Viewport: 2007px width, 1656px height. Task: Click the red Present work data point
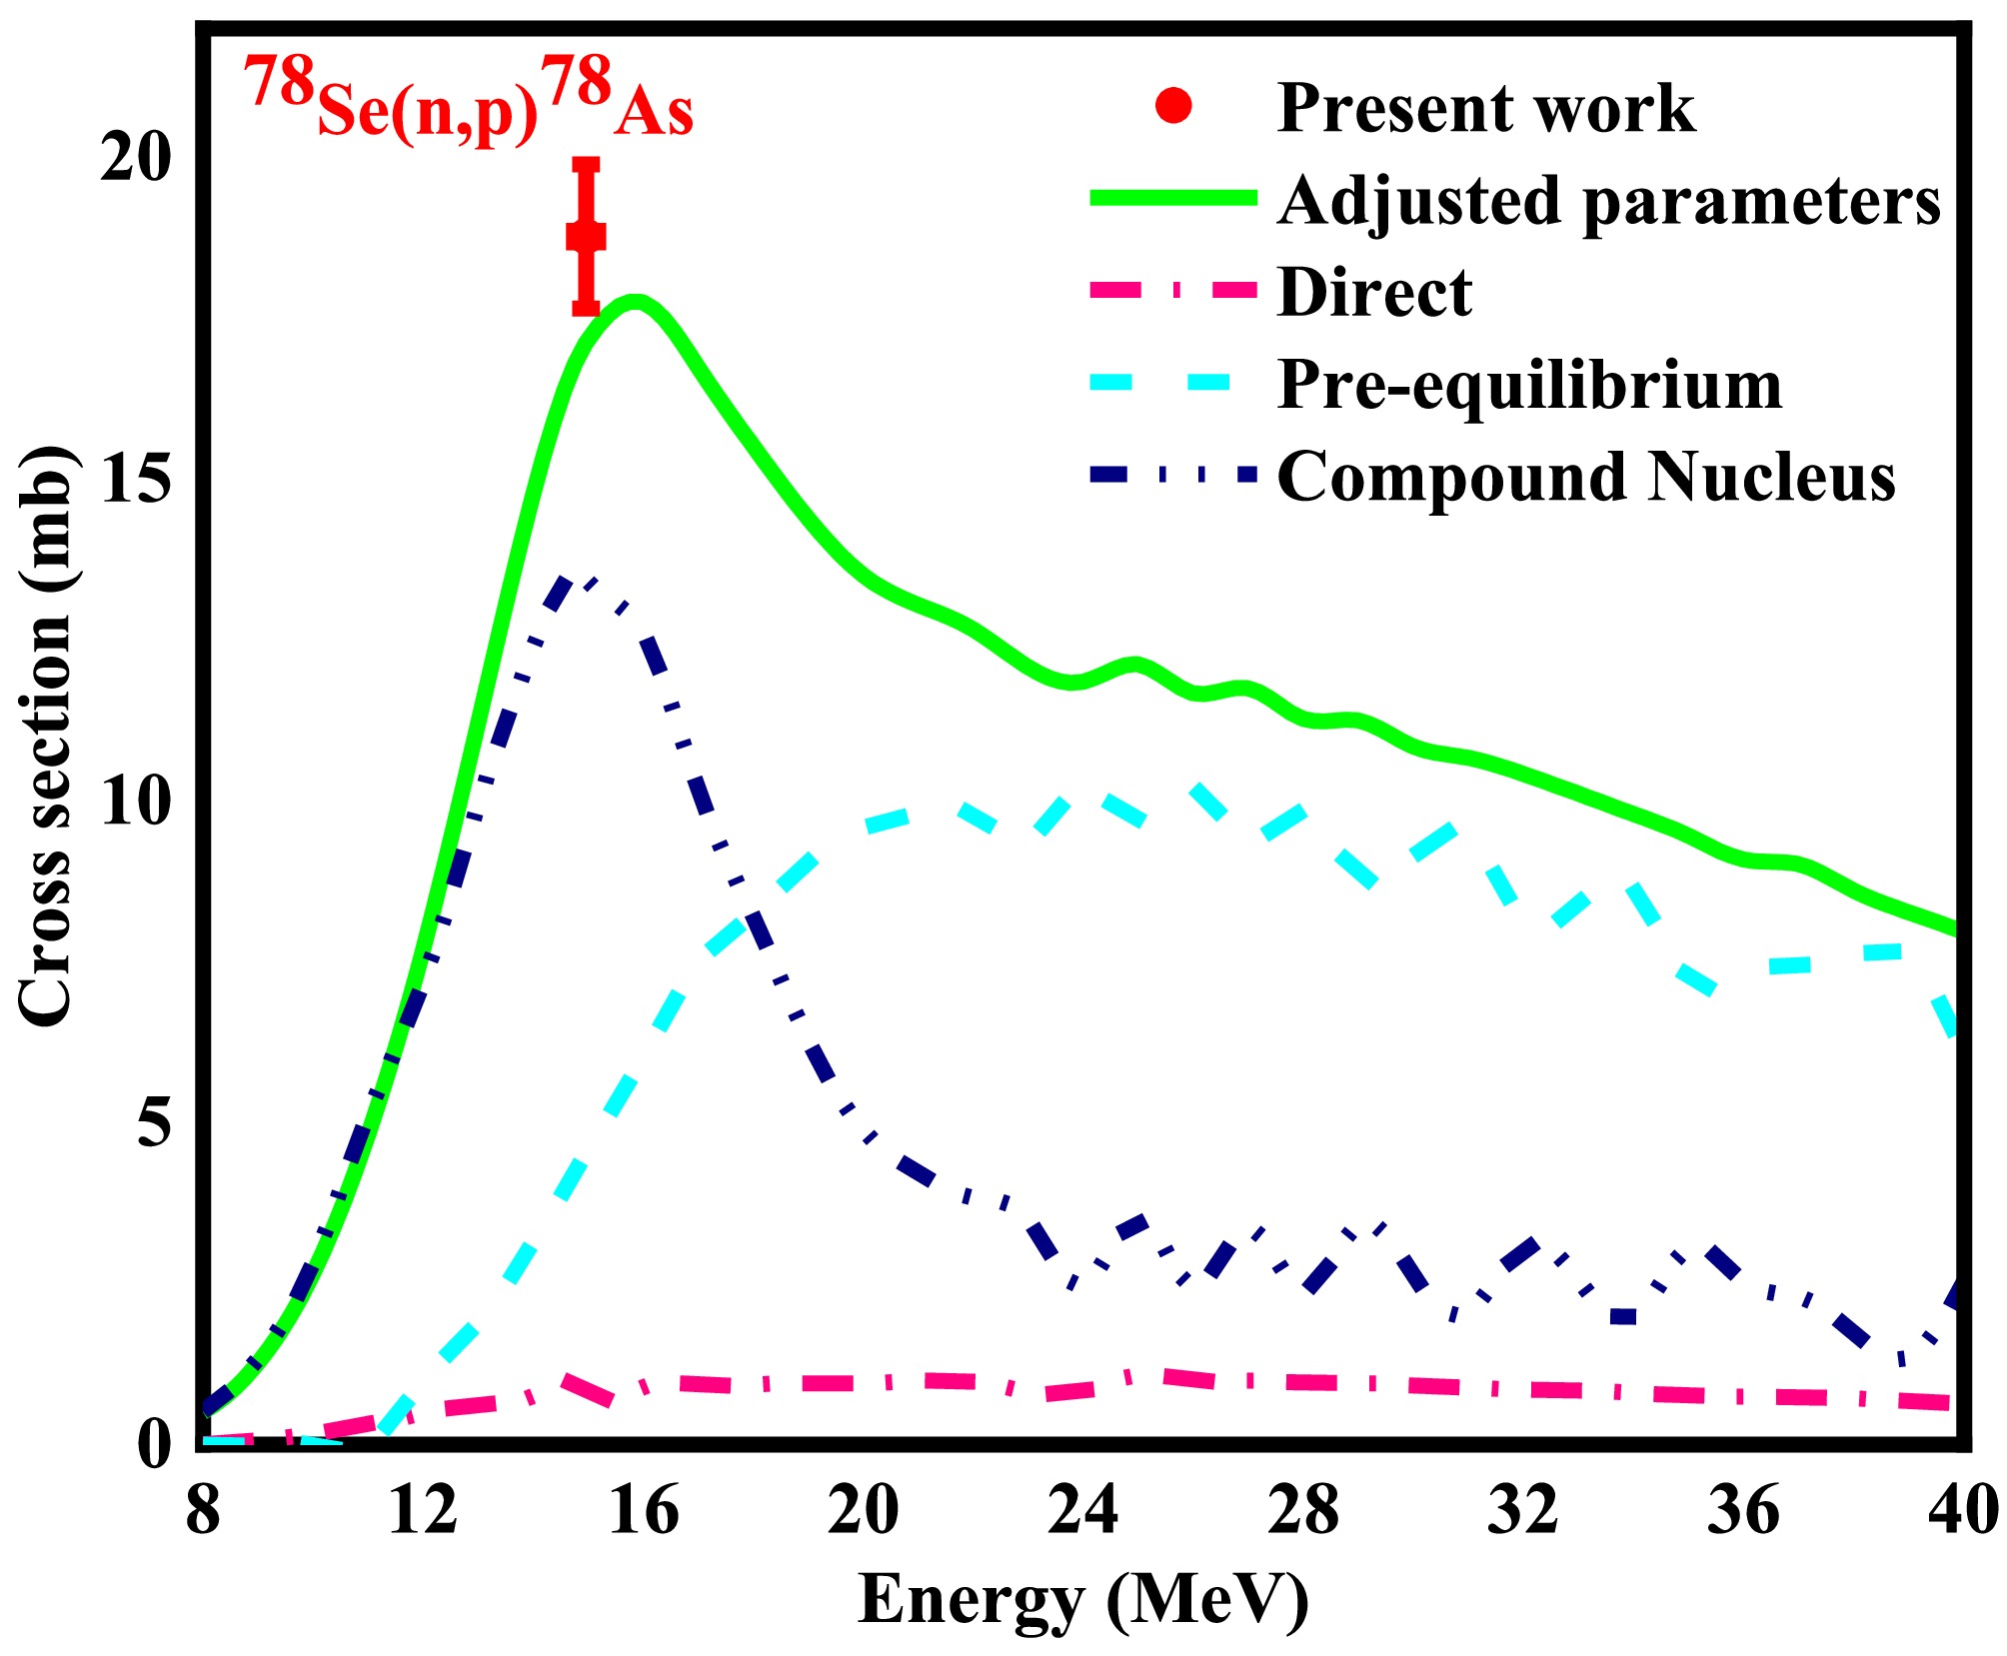click(x=586, y=237)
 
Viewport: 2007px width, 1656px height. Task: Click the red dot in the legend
click(x=1173, y=106)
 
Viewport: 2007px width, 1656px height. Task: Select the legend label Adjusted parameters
click(x=1609, y=200)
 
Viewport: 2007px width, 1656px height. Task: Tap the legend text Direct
click(x=1374, y=293)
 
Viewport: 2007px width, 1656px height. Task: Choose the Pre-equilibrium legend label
click(x=1530, y=386)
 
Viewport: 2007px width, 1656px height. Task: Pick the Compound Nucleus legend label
click(x=1587, y=477)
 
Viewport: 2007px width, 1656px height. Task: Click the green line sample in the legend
click(x=1172, y=198)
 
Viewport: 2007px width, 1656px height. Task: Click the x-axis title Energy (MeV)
click(x=1083, y=1600)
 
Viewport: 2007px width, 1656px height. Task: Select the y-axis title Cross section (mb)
click(x=46, y=736)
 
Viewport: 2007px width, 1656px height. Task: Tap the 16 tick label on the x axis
click(x=644, y=1509)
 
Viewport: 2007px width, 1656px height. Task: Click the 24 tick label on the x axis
click(x=1083, y=1509)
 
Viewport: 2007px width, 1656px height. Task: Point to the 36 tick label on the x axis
click(x=1743, y=1509)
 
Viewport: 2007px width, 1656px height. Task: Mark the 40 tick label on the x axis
click(x=1964, y=1509)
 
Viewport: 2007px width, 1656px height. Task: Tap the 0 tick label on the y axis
click(x=154, y=1444)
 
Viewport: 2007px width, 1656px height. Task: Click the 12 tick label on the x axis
click(x=423, y=1509)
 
